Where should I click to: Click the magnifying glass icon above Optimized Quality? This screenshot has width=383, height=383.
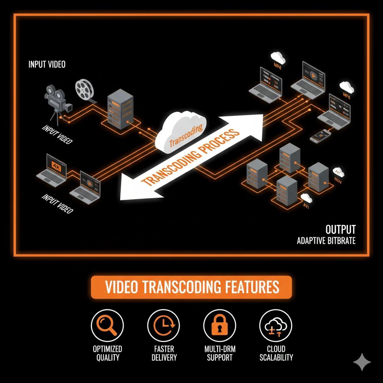107,326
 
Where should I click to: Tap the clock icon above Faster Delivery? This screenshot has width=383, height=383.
163,326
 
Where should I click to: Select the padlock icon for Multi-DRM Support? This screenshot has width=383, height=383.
220,326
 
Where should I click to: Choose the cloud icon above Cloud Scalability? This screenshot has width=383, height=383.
276,326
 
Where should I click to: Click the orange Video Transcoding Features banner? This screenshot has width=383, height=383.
191,287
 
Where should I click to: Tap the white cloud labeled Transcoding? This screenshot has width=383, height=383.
182,133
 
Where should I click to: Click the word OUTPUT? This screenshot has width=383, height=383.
340,229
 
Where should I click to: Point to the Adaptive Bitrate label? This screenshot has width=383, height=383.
326,240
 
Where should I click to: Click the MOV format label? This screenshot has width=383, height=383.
338,182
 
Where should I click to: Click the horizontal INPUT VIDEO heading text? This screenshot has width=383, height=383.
47,64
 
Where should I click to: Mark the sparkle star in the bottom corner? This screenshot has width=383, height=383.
362,362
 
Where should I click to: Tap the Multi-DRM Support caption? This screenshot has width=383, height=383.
220,353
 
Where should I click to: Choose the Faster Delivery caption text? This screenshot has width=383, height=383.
164,353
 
